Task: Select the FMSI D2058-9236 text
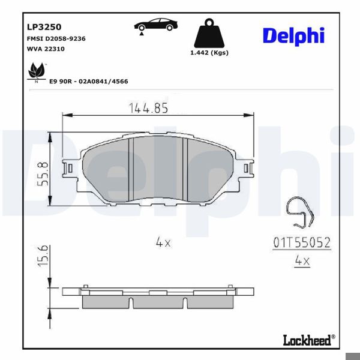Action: point(56,38)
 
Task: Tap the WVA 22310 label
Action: point(46,49)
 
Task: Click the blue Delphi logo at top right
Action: point(293,35)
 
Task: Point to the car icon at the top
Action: point(155,26)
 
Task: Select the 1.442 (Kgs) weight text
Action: point(209,53)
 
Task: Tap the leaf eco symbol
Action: point(36,71)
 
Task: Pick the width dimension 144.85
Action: point(148,108)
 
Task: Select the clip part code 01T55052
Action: point(302,243)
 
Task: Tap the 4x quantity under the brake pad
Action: point(163,242)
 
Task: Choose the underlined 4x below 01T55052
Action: point(302,260)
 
